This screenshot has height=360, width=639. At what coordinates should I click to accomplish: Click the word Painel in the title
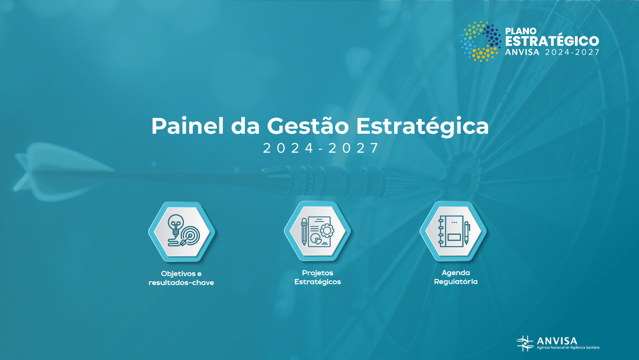[x=187, y=126]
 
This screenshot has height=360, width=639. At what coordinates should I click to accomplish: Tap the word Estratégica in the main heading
[x=422, y=126]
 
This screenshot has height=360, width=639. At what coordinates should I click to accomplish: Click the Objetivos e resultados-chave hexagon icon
[x=182, y=232]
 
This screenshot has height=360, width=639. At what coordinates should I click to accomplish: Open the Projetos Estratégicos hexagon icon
[x=317, y=231]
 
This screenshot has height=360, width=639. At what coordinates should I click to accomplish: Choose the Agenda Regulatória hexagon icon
[x=453, y=231]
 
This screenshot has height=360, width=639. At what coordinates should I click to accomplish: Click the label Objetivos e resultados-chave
[x=181, y=278]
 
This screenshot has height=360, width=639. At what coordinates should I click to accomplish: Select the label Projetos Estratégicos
[x=317, y=277]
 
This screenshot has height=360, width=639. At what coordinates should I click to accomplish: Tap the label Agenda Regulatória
[x=456, y=277]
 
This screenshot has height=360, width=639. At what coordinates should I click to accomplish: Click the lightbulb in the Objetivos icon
[x=176, y=224]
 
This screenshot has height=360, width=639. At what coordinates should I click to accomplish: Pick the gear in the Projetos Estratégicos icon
[x=327, y=231]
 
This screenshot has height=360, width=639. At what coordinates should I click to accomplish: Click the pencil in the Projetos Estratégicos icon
[x=304, y=231]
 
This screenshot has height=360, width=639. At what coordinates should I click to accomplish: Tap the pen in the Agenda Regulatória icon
[x=467, y=233]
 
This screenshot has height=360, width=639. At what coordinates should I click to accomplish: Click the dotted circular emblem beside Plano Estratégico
[x=481, y=41]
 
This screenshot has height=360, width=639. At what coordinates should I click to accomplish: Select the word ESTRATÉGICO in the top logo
[x=552, y=41]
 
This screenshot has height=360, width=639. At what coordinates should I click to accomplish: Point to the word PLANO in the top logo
[x=521, y=31]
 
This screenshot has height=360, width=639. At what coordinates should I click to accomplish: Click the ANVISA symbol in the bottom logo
[x=525, y=343]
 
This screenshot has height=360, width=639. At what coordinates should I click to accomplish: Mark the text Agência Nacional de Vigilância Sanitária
[x=568, y=348]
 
